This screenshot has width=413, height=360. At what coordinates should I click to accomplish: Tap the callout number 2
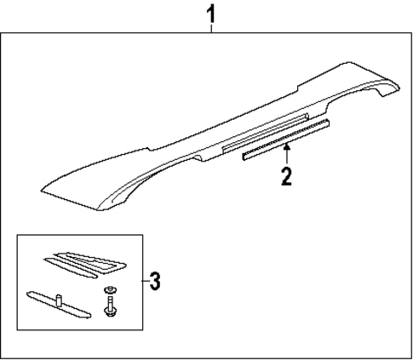pyautogui.click(x=288, y=176)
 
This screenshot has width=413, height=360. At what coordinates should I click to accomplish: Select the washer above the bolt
pyautogui.click(x=111, y=293)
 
